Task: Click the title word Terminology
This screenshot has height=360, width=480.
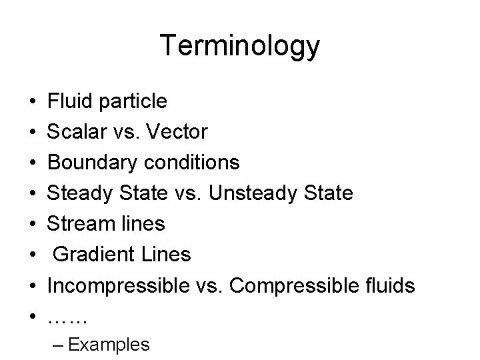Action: click(240, 46)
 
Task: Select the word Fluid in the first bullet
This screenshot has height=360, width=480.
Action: click(70, 101)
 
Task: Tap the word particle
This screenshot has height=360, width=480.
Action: click(133, 102)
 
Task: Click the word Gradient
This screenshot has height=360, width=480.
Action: click(86, 255)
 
